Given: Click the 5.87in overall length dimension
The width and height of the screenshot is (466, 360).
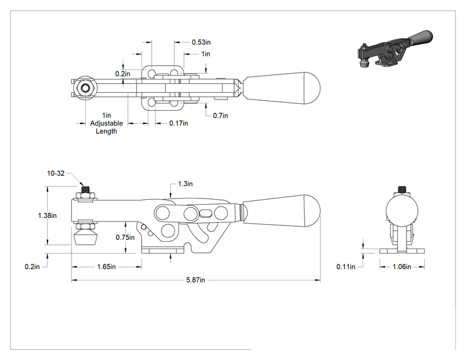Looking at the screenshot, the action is click(x=195, y=280).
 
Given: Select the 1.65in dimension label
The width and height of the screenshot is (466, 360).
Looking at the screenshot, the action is click(x=106, y=267).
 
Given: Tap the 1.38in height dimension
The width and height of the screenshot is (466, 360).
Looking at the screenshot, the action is click(x=47, y=215).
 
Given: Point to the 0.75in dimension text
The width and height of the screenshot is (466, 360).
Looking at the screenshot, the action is click(x=125, y=237).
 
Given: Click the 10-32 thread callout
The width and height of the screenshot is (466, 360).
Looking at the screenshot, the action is click(x=56, y=173).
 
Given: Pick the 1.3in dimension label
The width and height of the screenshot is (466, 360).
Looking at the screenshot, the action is click(x=185, y=184).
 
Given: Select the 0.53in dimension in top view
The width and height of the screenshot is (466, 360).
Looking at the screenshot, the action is click(x=201, y=42).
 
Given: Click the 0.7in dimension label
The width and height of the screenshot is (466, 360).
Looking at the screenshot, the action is click(x=220, y=116).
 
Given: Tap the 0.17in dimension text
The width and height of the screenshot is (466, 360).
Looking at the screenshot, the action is click(x=179, y=123).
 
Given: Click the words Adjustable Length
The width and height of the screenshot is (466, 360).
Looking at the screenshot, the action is click(x=106, y=127).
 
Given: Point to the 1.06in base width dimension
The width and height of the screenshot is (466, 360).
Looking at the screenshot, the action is click(x=402, y=267).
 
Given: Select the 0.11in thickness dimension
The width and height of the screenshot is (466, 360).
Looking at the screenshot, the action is click(x=346, y=267).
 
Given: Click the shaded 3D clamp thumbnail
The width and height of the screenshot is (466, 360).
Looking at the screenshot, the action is click(x=395, y=49).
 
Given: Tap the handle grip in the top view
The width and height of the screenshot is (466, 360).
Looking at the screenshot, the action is click(x=282, y=88).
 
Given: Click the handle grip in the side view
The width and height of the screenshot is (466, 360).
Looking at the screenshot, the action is click(x=282, y=211).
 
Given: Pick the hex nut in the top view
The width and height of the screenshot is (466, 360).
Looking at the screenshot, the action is click(x=86, y=88).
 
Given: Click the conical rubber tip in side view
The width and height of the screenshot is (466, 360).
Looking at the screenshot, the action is click(x=86, y=238).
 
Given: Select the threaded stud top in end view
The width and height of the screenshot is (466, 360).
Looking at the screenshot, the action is click(x=402, y=189).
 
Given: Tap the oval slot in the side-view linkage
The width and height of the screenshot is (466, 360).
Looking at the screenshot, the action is click(x=206, y=213).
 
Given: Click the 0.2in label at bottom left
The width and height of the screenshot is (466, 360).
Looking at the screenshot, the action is click(x=32, y=267).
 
